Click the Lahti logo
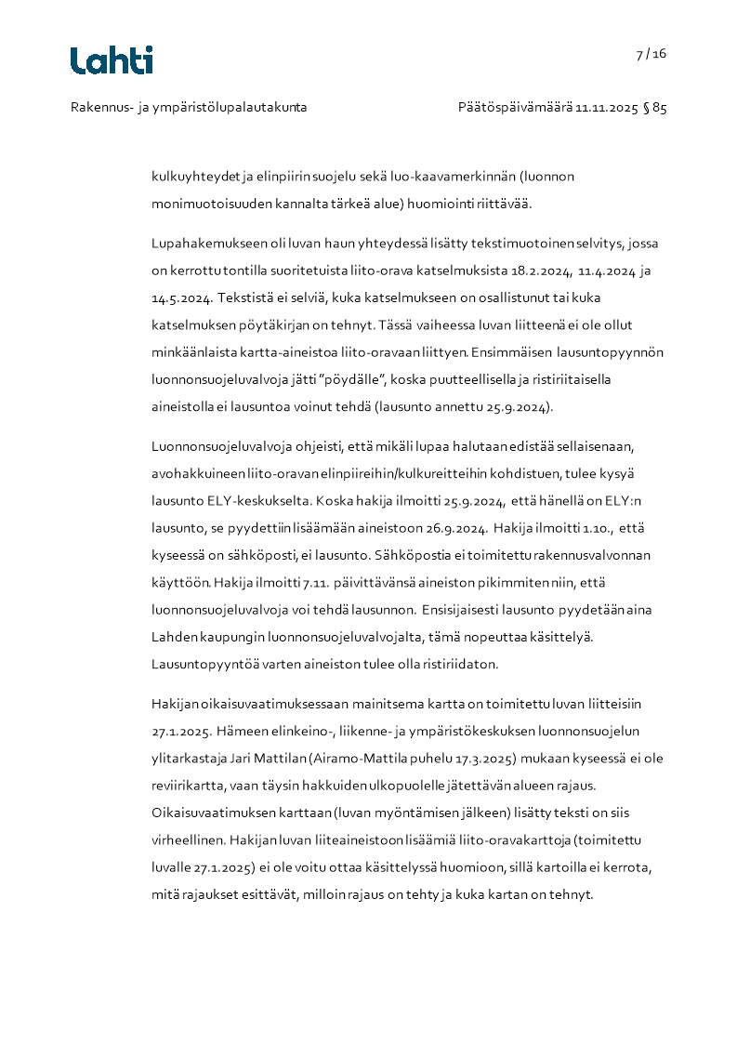click(112, 60)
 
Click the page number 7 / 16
click(651, 54)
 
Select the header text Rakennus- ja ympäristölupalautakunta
click(189, 108)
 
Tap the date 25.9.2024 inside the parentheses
click(518, 406)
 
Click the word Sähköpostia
click(415, 556)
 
